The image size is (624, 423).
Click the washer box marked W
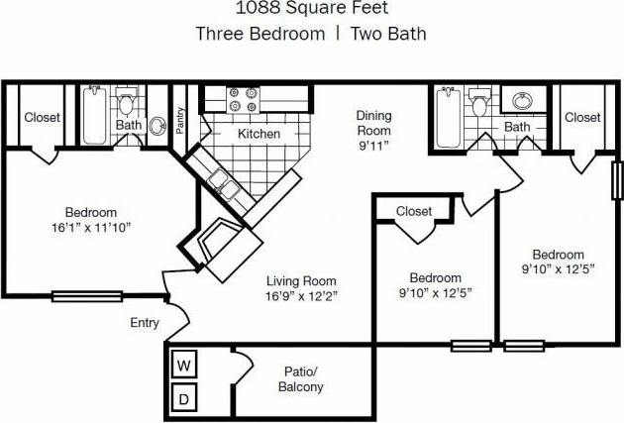(182, 366)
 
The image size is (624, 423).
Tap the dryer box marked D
(182, 399)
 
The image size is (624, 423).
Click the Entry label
(145, 323)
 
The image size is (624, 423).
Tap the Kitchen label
(259, 134)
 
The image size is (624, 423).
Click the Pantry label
(181, 119)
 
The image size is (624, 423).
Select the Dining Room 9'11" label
(373, 130)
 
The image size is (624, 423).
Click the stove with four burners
(243, 100)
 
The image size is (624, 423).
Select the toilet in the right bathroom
(479, 103)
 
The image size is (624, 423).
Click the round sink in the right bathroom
(521, 100)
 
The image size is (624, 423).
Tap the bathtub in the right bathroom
(444, 117)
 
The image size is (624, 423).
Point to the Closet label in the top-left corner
(42, 117)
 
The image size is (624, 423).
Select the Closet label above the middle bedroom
(413, 211)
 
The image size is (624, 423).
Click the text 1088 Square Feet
(311, 10)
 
